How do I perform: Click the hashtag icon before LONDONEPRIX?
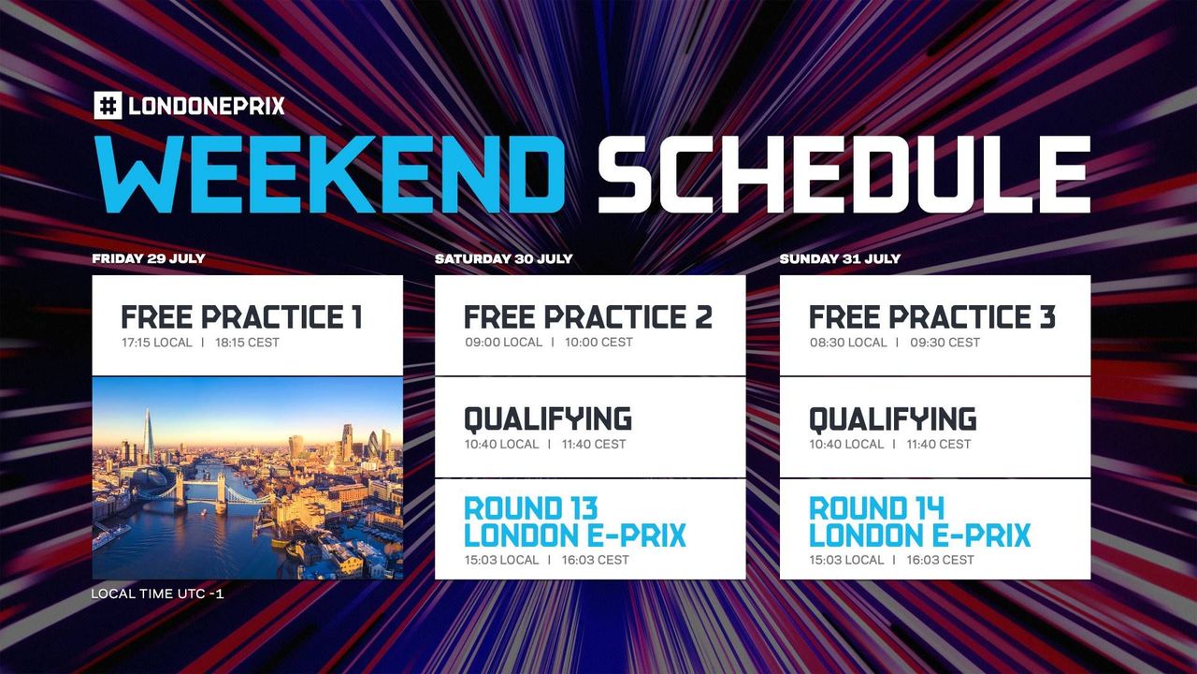pos(108,105)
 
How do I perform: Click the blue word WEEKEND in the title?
pos(329,176)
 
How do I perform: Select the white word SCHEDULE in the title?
pos(844,176)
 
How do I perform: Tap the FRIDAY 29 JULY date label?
pos(149,258)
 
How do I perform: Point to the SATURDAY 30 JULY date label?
pos(503,258)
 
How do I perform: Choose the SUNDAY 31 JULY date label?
pos(840,258)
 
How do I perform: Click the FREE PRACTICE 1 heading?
pos(241,317)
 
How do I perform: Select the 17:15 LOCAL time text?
pos(156,343)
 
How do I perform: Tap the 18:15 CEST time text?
pos(247,343)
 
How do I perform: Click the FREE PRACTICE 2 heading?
pos(587,317)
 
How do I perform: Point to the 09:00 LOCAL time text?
pos(503,343)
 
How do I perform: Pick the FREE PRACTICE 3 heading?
pos(931,317)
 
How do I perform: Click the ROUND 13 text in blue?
pos(530,509)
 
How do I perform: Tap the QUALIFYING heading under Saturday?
pos(548,418)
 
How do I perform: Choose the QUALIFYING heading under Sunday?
pos(892,418)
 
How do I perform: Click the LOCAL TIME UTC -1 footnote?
pos(157,593)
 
